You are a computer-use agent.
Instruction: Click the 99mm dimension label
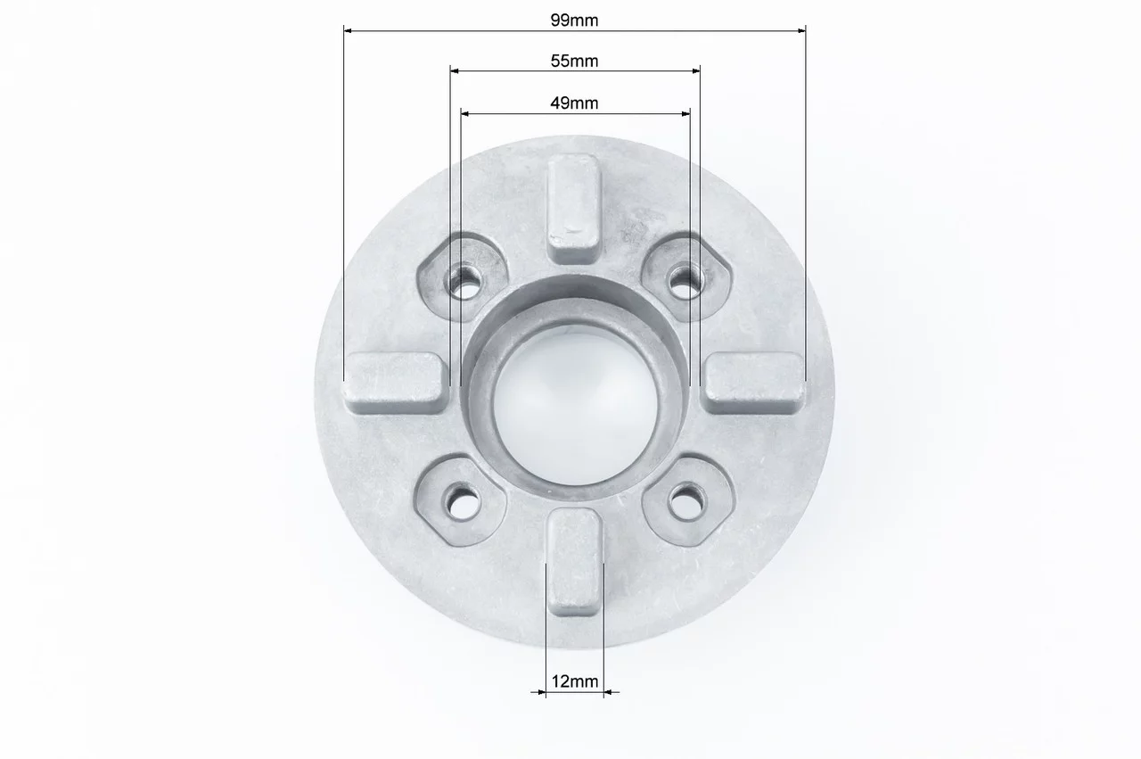574,21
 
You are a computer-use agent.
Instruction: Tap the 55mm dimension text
574,62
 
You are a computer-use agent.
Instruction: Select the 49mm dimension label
574,103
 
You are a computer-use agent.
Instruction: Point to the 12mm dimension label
575,681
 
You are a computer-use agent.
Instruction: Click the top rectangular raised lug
573,209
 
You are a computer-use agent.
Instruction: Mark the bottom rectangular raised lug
575,562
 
